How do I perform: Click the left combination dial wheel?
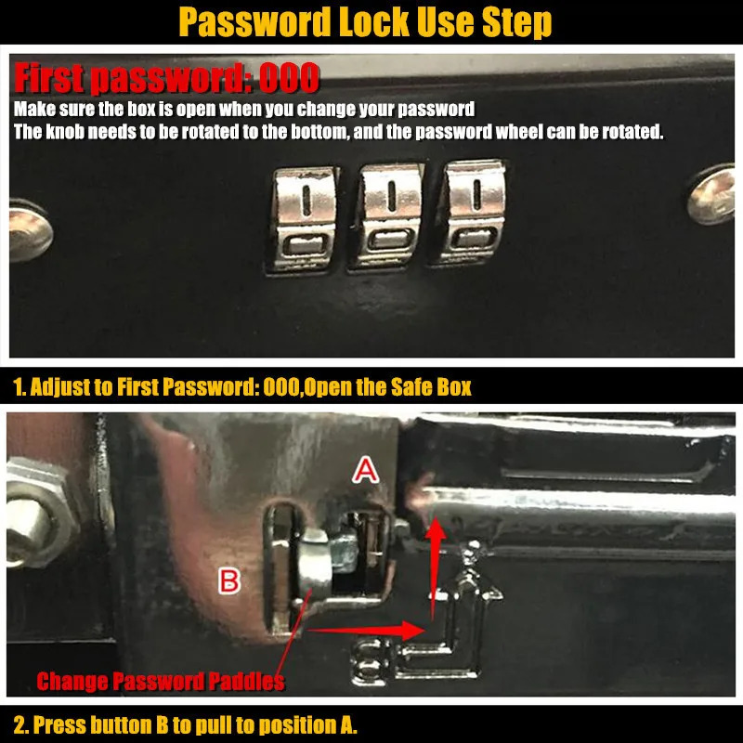coord(304,220)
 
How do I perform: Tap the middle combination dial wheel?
coord(387,216)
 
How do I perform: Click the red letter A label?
coord(365,472)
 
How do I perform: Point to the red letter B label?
coord(229,581)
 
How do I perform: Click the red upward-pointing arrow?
coord(435,567)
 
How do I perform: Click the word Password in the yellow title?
coord(254,22)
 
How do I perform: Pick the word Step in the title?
coord(517,22)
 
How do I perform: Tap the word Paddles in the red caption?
coord(246,682)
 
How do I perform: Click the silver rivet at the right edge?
coord(712,195)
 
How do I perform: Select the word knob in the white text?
coord(65,132)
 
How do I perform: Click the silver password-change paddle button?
coord(314,565)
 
